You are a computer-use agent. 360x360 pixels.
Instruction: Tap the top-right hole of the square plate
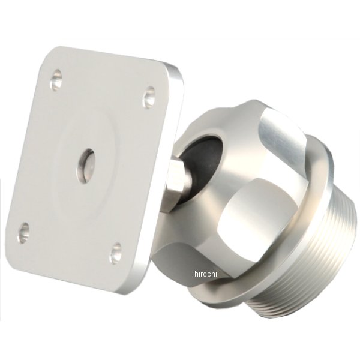coord(149,97)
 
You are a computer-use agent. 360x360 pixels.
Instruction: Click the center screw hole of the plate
coord(85,166)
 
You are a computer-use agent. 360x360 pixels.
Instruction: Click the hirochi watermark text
coord(206,274)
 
